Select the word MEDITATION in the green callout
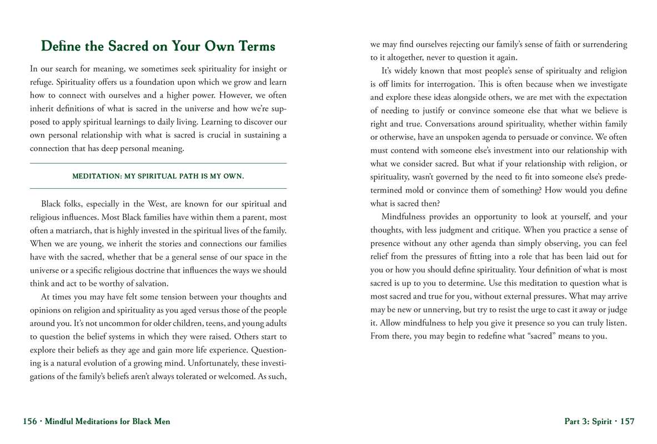[x=96, y=176]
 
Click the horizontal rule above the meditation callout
[x=158, y=163]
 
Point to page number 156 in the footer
[x=30, y=422]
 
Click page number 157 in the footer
[x=628, y=422]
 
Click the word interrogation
[x=439, y=84]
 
